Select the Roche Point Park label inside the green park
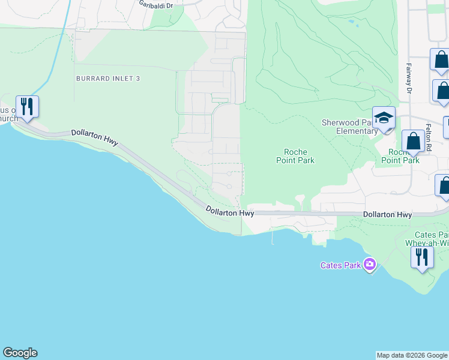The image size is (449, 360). (x=295, y=157)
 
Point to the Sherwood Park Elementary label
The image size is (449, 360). (x=349, y=127)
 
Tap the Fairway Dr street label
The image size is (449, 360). (x=408, y=79)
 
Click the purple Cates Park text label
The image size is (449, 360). (x=340, y=265)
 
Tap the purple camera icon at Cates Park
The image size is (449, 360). (x=370, y=264)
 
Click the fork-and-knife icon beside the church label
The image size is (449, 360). (x=27, y=107)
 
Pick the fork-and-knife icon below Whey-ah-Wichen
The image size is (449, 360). (x=422, y=257)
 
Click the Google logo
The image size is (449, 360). (x=20, y=353)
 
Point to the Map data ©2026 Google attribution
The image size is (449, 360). (x=412, y=355)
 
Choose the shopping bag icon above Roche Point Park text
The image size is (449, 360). (x=413, y=142)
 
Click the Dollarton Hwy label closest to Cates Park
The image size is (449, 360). (x=387, y=214)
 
